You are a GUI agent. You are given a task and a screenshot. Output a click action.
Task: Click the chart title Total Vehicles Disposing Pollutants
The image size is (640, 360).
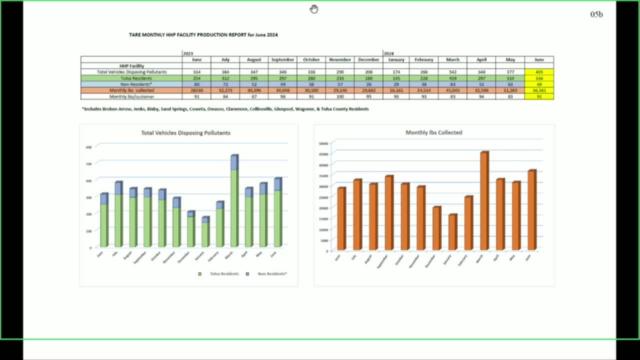click(185, 133)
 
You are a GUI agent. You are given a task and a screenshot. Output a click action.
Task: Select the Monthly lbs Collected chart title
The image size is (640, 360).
click(433, 132)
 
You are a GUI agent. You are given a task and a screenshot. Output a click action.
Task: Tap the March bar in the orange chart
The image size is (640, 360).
click(483, 200)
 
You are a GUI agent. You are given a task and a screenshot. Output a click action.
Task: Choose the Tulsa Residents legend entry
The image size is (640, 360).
click(221, 274)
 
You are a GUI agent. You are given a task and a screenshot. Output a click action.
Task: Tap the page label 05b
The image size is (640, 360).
click(596, 14)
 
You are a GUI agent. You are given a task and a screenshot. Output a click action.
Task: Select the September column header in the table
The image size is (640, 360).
click(282, 60)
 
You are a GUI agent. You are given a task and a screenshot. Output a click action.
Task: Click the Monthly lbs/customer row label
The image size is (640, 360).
click(131, 96)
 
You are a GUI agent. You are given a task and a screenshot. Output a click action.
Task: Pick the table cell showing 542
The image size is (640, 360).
click(452, 72)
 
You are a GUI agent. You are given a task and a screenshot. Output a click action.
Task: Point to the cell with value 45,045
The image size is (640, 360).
click(452, 90)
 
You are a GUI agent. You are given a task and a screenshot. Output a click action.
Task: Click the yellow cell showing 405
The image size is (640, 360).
click(539, 72)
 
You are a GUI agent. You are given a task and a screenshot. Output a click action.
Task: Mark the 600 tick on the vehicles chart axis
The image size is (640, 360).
click(88, 147)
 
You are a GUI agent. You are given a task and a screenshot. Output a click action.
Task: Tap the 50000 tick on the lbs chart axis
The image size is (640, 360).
click(323, 143)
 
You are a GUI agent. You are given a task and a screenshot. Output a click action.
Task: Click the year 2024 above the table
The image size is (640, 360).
click(388, 53)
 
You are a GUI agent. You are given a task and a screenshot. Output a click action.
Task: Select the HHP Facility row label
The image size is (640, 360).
click(131, 66)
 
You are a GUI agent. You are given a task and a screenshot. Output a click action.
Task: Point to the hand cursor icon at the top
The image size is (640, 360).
click(313, 8)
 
